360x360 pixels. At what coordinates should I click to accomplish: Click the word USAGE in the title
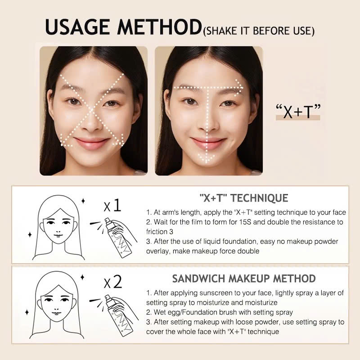pos(77,27)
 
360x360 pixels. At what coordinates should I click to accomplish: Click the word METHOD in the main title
pos(159,27)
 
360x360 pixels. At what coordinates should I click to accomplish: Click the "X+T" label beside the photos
pos(298,112)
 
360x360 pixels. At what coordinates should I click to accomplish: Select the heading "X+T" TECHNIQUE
pos(244,198)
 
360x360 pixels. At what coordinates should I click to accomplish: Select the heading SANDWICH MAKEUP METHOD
pos(244,279)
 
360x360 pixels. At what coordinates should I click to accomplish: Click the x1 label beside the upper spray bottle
pos(112,205)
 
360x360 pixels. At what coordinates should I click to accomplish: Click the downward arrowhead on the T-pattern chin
pos(207,158)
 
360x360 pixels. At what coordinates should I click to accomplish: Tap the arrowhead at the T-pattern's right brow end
pos(239,87)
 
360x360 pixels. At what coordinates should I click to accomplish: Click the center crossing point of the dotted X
pos(92,110)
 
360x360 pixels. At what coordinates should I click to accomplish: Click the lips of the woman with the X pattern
pos(91,143)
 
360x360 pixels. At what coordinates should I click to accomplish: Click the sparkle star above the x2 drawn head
pos(82,277)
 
